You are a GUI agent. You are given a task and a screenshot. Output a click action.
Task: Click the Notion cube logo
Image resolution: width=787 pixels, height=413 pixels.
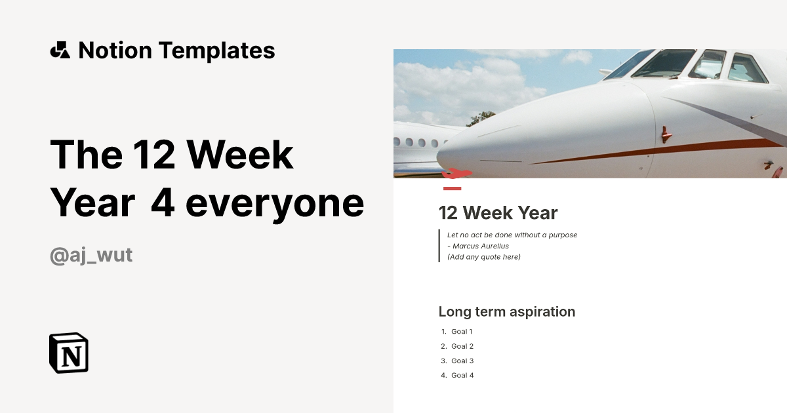pyautogui.click(x=69, y=353)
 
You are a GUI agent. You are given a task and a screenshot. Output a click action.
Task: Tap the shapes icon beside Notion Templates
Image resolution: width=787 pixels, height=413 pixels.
pyautogui.click(x=60, y=50)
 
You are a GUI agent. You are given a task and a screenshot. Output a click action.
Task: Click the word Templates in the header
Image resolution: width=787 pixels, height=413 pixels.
pyautogui.click(x=217, y=50)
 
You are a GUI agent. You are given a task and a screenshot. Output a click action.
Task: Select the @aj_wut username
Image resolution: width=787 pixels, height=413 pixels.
pyautogui.click(x=91, y=255)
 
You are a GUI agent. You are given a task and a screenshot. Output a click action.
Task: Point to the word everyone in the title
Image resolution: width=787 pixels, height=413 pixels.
pyautogui.click(x=275, y=204)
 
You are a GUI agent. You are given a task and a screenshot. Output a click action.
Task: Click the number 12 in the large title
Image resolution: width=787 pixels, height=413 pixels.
pyautogui.click(x=154, y=155)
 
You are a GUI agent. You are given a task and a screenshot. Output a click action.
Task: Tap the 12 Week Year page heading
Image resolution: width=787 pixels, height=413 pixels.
pyautogui.click(x=498, y=213)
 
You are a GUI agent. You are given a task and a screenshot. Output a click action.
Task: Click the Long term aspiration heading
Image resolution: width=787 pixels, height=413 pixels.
pyautogui.click(x=506, y=312)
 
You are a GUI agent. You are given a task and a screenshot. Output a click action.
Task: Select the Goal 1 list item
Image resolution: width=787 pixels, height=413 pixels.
pyautogui.click(x=462, y=332)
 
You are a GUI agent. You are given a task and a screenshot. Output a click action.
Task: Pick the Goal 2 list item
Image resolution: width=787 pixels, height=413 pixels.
pyautogui.click(x=462, y=346)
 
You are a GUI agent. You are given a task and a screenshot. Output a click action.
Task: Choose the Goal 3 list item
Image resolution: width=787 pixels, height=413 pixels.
pyautogui.click(x=462, y=361)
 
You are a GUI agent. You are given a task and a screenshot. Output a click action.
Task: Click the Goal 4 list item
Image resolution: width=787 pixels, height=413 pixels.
pyautogui.click(x=462, y=376)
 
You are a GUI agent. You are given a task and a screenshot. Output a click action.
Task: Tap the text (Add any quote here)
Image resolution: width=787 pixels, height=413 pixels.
pyautogui.click(x=484, y=257)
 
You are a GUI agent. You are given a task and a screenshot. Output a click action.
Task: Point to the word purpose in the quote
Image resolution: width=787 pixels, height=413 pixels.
pyautogui.click(x=563, y=235)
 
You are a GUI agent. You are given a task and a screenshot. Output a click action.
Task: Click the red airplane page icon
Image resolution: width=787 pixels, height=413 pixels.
pyautogui.click(x=456, y=174)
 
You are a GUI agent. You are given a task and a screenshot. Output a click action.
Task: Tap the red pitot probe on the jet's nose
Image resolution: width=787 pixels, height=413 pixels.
pyautogui.click(x=666, y=134)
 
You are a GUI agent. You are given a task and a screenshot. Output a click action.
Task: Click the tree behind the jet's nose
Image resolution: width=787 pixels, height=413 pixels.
pyautogui.click(x=481, y=119)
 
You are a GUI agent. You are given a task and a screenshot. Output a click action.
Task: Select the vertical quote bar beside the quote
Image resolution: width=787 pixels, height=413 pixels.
pyautogui.click(x=439, y=245)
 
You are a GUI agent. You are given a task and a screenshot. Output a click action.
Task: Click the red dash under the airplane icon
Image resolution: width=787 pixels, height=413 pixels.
pyautogui.click(x=452, y=189)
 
